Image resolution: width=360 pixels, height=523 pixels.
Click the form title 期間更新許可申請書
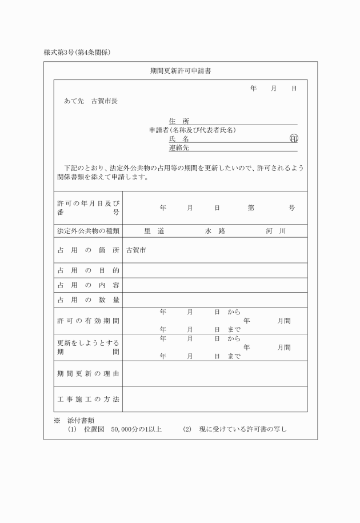(181, 71)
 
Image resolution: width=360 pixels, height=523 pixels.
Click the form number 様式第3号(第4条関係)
(77, 53)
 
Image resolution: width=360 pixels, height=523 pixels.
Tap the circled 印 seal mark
(294, 139)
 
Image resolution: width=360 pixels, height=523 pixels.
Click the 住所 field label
(179, 121)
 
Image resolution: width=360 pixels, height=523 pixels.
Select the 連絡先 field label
(179, 147)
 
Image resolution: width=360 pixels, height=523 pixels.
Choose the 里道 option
(154, 231)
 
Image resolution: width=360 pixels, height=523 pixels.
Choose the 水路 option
(215, 231)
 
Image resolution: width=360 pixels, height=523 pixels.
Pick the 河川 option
(275, 231)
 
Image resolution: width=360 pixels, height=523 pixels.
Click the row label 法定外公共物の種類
(89, 231)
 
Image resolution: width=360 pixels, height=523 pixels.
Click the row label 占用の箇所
(89, 250)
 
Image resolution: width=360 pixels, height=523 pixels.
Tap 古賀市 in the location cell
(136, 250)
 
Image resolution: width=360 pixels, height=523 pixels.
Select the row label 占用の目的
(89, 270)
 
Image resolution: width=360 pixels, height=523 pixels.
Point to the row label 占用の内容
(89, 285)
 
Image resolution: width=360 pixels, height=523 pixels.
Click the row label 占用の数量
(89, 300)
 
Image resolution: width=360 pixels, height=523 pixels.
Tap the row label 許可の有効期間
(89, 321)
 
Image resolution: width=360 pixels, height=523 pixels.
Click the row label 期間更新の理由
(89, 374)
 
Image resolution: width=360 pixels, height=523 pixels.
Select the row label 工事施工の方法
(89, 399)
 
